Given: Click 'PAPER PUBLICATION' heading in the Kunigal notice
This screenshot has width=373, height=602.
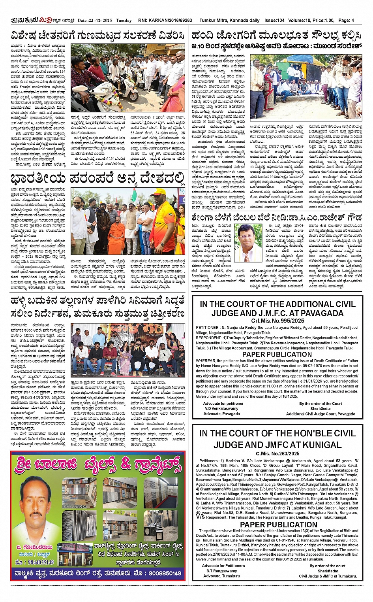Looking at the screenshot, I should (x=278, y=525).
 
